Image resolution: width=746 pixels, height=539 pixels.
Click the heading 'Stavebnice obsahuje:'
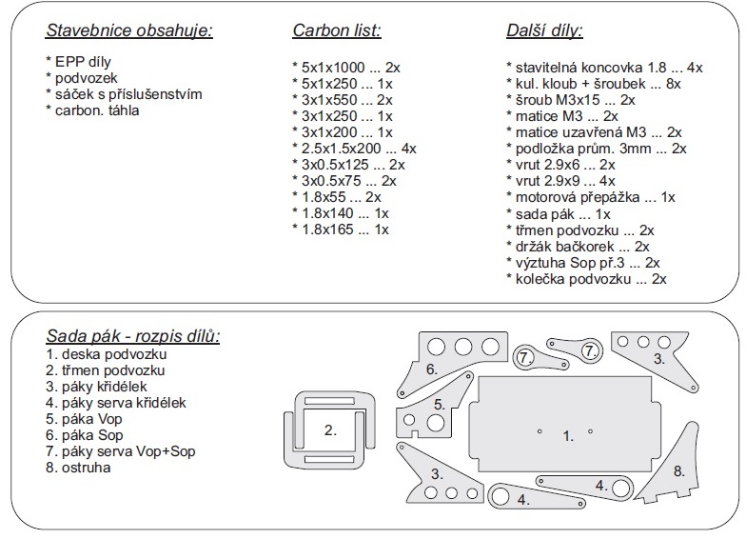(129, 30)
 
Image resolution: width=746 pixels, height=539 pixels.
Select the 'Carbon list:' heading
(336, 30)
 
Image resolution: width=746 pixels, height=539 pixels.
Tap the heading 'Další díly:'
(544, 30)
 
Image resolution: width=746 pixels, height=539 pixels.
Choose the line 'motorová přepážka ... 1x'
(590, 197)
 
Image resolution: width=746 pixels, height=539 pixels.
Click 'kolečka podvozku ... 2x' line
(586, 278)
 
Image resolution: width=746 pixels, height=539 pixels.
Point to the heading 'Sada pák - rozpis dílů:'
(133, 336)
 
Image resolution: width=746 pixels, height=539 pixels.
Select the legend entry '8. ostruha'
(78, 467)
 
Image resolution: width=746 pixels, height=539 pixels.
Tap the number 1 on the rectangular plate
(568, 435)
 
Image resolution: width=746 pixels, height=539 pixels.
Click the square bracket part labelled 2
(330, 429)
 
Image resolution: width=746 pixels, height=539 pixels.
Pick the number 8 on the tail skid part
(678, 470)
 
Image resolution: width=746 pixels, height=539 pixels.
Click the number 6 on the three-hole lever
(431, 368)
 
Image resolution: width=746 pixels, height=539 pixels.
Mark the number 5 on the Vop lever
(439, 404)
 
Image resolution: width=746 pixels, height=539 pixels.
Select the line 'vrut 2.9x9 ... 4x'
(560, 181)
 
